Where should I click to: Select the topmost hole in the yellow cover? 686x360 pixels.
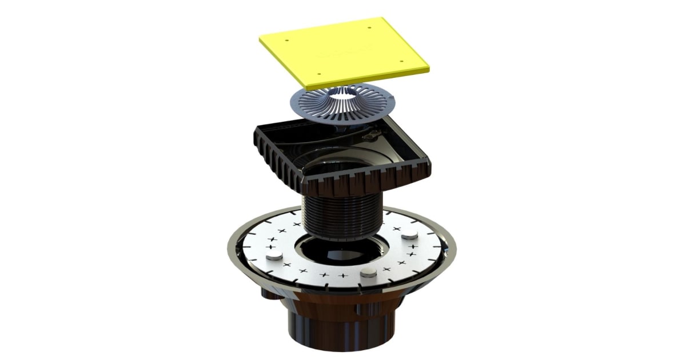pyautogui.click(x=369, y=26)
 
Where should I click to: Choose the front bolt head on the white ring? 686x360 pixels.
pyautogui.click(x=369, y=273)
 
